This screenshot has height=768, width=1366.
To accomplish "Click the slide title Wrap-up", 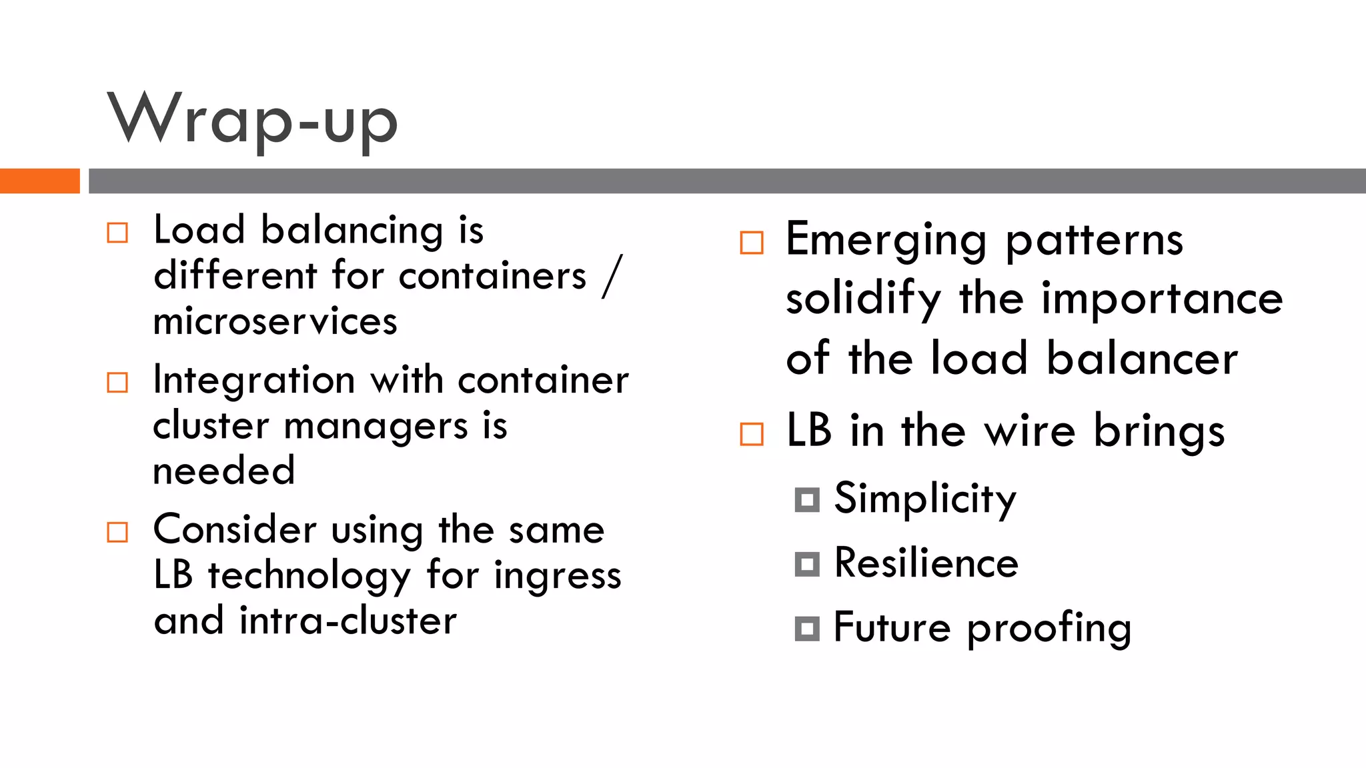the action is coord(253,120).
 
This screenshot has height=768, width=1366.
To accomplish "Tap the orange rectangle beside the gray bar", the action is coord(39,181).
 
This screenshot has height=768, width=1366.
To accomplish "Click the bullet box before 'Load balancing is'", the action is coord(117,233).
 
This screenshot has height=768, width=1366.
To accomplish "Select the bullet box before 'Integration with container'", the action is coord(117,383).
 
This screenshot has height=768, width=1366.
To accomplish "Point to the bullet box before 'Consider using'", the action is coord(117,532).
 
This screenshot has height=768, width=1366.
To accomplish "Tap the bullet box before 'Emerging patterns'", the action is coord(752,243).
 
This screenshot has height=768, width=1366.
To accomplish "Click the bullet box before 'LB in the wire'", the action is coord(752,434).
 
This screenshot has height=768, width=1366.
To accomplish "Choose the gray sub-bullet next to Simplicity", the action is coord(807,499).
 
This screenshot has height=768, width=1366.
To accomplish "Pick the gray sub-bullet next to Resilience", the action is coord(807,564).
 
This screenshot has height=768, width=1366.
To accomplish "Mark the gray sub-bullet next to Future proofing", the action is coord(807,629).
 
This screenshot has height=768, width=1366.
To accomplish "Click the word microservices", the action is coord(275,321).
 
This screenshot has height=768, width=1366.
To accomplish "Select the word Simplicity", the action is coord(925,499).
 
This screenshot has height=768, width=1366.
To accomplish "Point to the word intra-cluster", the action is coord(348,621).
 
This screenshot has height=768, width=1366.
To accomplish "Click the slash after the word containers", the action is coord(612,276).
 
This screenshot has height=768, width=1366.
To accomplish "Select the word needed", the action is coord(224,471).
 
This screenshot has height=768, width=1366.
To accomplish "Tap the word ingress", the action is coord(558,576).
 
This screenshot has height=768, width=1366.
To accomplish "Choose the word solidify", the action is coord(864,299).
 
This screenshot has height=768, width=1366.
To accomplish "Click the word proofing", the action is coord(1049,629).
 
